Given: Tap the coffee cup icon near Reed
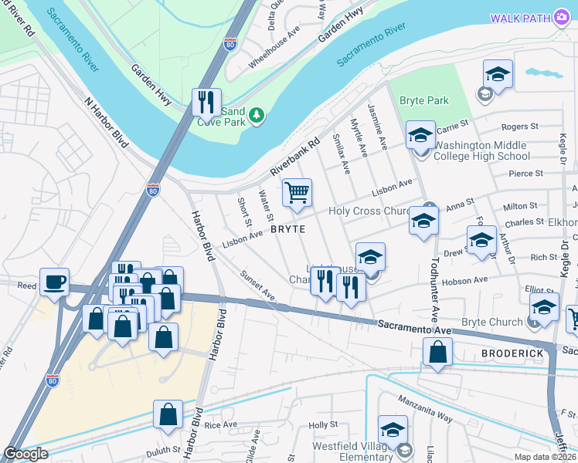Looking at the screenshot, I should point(55,282).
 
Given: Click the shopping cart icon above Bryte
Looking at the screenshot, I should point(297,194).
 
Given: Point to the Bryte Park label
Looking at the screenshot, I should point(424,101).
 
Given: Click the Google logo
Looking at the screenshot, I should point(25,454).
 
